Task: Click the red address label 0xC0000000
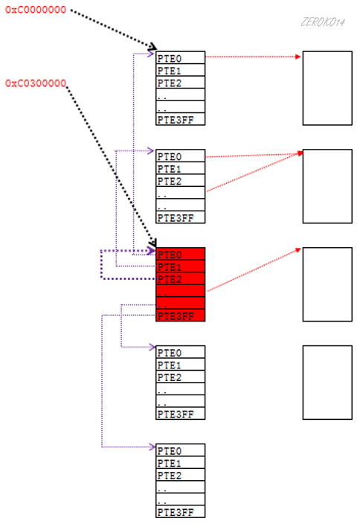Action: coord(36,11)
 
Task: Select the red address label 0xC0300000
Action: coord(36,83)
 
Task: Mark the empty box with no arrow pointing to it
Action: coord(327,382)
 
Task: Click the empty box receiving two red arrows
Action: coord(327,186)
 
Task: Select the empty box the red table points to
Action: coord(327,284)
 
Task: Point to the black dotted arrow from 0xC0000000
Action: coord(112,28)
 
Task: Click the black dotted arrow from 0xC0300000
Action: coord(112,164)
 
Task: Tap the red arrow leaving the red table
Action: coord(253,270)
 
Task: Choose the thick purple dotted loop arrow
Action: coord(102,266)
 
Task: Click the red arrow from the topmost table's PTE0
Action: coord(253,56)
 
